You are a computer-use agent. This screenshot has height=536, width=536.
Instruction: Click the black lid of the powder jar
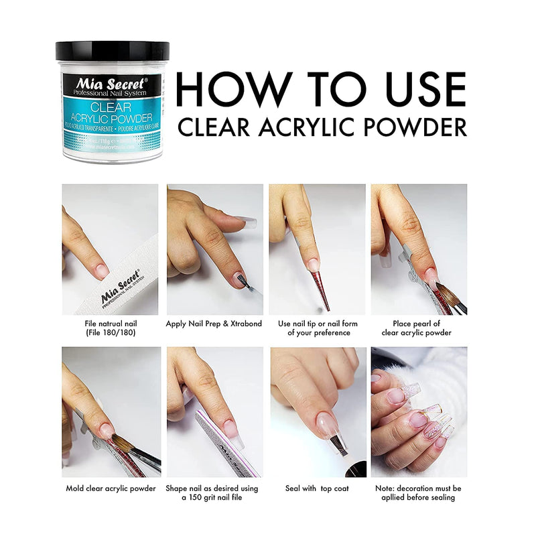[112, 51]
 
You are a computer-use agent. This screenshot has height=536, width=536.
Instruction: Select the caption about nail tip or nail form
[318, 328]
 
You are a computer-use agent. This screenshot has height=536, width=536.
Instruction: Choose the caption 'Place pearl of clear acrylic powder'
[416, 328]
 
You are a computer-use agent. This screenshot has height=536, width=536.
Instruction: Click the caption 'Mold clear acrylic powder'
[111, 488]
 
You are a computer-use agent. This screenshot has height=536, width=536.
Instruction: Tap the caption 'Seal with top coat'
[318, 488]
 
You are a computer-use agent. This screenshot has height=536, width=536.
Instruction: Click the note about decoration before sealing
[418, 492]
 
